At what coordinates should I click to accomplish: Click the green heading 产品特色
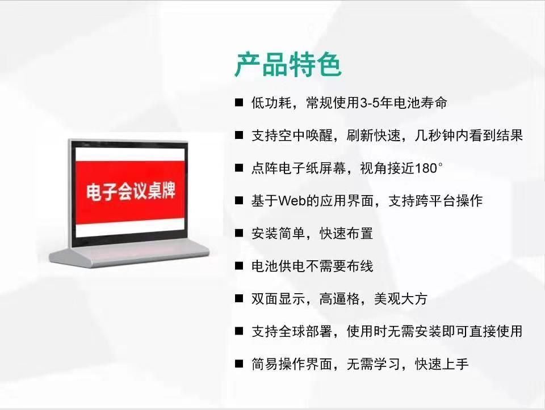288,65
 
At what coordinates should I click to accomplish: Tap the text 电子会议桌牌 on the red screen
131,191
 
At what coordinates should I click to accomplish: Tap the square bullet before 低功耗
239,103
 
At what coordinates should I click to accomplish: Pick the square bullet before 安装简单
239,233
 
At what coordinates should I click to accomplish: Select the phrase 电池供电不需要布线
312,267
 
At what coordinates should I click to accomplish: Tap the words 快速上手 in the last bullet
442,364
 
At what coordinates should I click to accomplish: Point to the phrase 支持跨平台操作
435,201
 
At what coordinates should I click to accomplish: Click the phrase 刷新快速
374,136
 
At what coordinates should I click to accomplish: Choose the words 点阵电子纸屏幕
299,168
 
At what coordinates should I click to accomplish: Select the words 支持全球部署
292,332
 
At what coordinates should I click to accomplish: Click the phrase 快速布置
346,234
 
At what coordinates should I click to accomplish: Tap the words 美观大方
400,299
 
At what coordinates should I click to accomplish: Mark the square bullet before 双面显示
239,298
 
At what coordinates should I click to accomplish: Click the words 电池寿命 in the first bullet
420,103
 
